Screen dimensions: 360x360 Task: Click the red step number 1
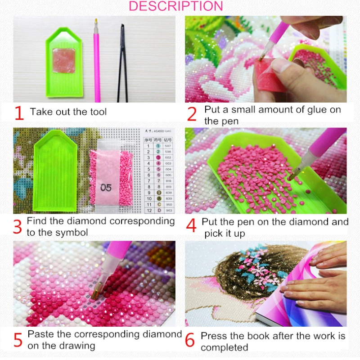click(x=18, y=112)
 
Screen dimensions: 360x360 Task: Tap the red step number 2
click(x=192, y=114)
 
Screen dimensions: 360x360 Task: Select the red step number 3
click(x=18, y=227)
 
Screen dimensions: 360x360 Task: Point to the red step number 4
click(x=191, y=226)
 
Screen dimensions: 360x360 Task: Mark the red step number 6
click(x=190, y=341)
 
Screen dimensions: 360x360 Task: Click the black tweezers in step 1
click(x=122, y=63)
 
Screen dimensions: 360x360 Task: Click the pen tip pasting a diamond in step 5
click(x=96, y=293)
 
